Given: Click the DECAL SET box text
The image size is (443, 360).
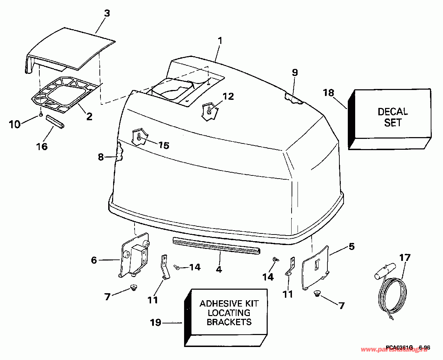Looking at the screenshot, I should point(393,117).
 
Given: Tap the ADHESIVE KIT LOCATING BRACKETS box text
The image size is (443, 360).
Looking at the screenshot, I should point(229,313).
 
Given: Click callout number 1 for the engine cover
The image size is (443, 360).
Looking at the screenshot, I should point(220,40).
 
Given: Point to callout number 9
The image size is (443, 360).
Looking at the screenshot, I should point(294,72).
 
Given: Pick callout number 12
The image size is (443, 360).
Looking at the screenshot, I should point(228,96).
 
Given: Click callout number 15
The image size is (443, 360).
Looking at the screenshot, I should point(164,145).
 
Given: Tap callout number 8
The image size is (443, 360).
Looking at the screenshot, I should point(101,157).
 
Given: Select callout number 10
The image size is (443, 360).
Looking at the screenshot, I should point(14,124).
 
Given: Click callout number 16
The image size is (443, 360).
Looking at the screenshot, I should point(42,146).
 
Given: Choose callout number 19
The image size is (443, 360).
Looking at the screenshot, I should point(156,322).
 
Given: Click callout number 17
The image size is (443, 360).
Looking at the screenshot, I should point(404,257).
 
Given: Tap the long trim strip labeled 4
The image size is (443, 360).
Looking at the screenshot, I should point(216,245).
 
